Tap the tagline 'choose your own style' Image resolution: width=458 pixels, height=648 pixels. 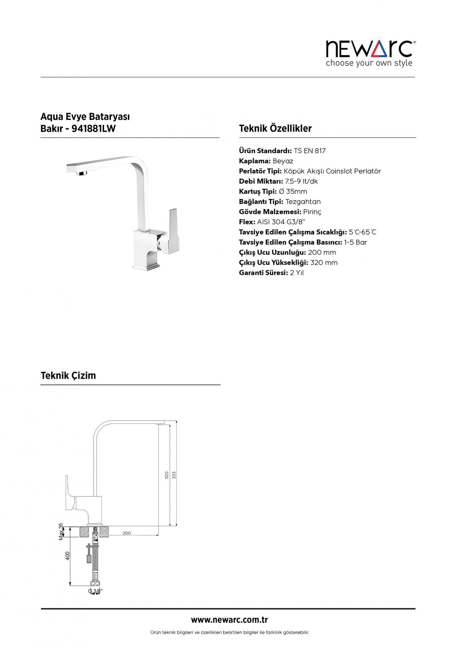[x=369, y=63]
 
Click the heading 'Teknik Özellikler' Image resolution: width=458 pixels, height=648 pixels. [x=275, y=128]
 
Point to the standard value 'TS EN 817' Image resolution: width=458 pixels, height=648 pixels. [x=309, y=151]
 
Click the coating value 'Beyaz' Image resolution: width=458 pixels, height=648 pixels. [x=283, y=161]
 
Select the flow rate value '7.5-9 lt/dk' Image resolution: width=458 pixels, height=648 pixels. [x=301, y=182]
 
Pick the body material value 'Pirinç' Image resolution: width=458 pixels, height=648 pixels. [x=312, y=212]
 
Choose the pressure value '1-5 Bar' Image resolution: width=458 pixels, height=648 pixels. [x=355, y=243]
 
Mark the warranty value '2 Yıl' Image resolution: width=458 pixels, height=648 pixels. [x=297, y=273]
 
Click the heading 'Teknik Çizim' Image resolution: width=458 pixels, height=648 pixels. [x=68, y=375]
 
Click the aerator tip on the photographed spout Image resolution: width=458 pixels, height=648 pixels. [x=82, y=173]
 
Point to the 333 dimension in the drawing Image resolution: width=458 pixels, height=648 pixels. [x=174, y=475]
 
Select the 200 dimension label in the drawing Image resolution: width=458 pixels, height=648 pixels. [x=127, y=533]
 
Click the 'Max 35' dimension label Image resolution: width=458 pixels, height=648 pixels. [x=61, y=532]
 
